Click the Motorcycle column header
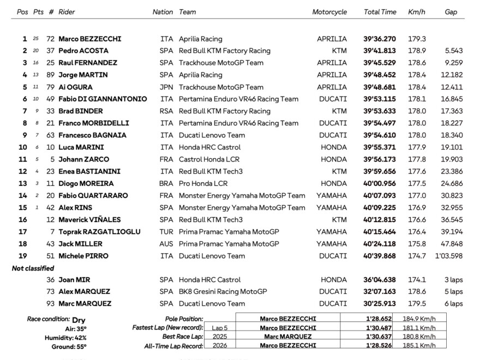(329, 12)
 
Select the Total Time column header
(380, 12)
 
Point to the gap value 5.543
(453, 51)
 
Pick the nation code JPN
(166, 87)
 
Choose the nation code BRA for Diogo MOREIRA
(166, 183)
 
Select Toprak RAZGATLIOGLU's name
(99, 232)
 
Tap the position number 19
(23, 256)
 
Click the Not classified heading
(33, 268)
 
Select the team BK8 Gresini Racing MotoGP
(223, 292)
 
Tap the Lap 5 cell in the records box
(220, 328)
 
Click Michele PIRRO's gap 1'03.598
(449, 256)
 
